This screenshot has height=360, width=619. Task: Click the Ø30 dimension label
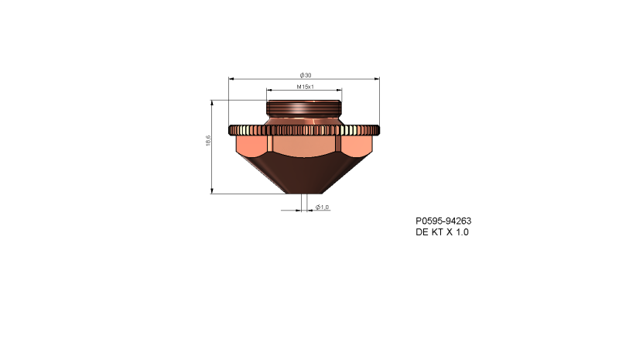pyautogui.click(x=305, y=75)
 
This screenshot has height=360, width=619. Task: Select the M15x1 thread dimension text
pyautogui.click(x=305, y=87)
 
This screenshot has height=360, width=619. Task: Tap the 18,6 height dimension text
pyautogui.click(x=207, y=142)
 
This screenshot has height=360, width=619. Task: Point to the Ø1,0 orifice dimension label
pyautogui.click(x=322, y=207)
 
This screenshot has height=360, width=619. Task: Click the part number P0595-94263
pyautogui.click(x=443, y=220)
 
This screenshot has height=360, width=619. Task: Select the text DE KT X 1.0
pyautogui.click(x=442, y=231)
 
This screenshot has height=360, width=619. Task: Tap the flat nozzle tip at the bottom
pyautogui.click(x=305, y=192)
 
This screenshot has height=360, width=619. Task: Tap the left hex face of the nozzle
pyautogui.click(x=251, y=146)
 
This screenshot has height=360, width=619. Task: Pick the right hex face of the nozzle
pyautogui.click(x=357, y=146)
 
